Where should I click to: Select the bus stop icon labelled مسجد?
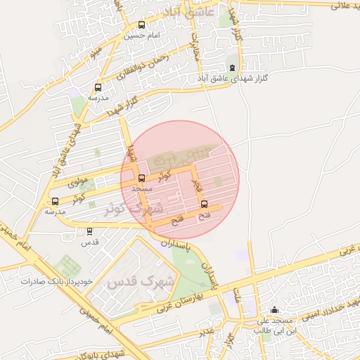click(x=141, y=179)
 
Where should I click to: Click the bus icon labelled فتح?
click(x=204, y=205)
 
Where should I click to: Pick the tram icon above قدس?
click(x=89, y=231)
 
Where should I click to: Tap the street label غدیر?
click(x=205, y=330)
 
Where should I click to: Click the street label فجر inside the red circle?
click(x=198, y=184)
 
